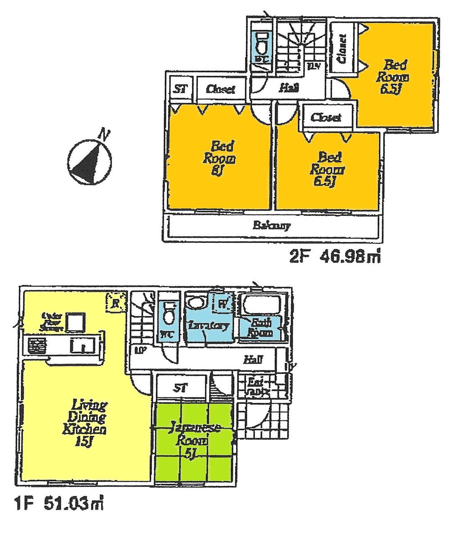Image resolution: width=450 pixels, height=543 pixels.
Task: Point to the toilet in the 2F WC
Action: coord(261,44)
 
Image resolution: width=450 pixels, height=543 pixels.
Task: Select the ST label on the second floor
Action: coord(180,89)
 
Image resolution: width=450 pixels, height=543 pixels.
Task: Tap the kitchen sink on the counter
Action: coord(82,346)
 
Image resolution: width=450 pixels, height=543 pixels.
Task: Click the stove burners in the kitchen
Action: coord(37,346)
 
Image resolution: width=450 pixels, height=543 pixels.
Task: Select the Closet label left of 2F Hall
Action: coord(221,89)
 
